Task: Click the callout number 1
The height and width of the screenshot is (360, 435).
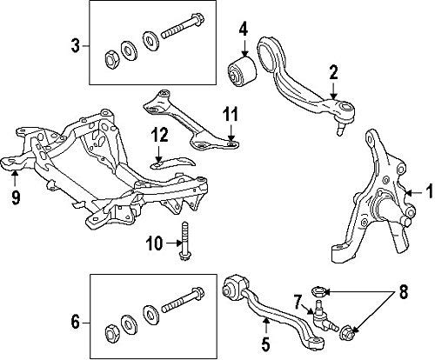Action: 429,191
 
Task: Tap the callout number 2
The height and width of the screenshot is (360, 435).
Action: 333,72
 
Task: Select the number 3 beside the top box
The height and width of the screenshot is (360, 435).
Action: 75,46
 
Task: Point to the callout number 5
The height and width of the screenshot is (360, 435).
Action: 265,343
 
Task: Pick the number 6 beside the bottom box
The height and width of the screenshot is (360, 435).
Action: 75,323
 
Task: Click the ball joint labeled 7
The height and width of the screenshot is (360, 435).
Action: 323,316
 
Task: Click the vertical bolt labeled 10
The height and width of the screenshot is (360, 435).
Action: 184,241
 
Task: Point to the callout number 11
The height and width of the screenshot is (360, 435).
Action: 231,114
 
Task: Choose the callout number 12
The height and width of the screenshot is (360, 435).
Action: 159,135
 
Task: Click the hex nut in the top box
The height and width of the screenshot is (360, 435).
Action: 110,60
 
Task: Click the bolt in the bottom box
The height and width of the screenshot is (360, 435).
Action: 183,300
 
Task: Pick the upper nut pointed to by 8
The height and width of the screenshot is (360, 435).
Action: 318,290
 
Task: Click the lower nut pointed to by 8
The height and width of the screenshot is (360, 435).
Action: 346,333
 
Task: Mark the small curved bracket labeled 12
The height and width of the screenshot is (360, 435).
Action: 173,163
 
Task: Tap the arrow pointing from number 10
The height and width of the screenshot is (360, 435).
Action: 172,243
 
